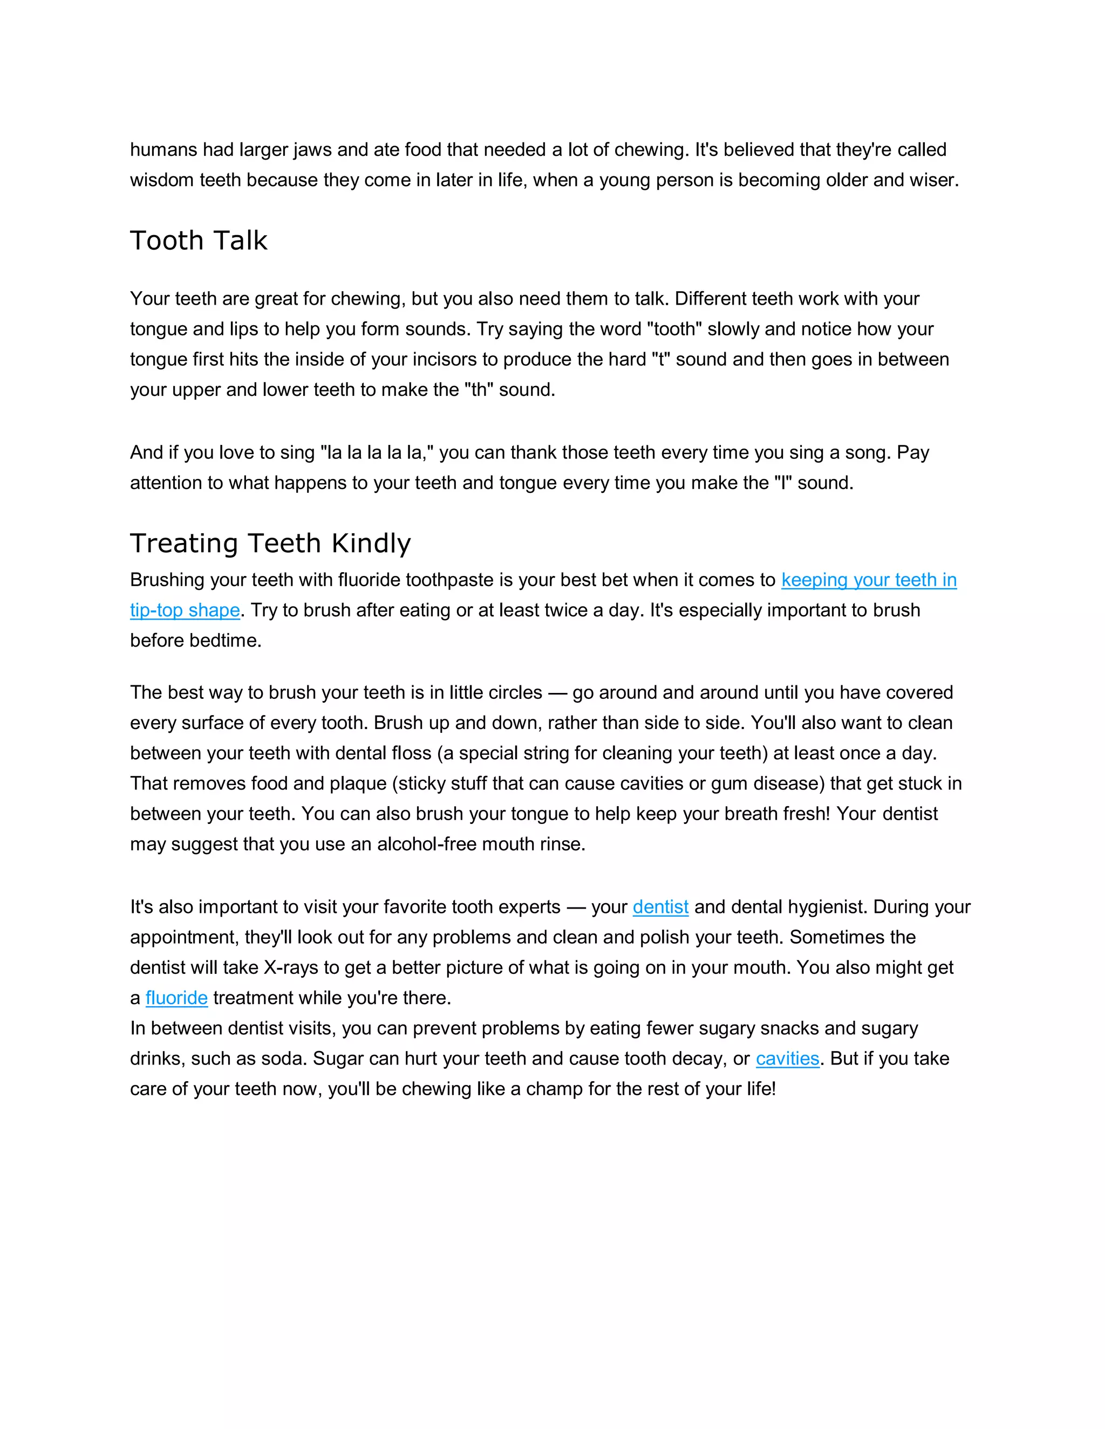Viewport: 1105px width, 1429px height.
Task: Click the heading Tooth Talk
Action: [199, 241]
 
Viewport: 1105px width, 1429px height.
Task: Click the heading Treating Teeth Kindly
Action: [270, 543]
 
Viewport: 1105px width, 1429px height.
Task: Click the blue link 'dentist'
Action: [660, 907]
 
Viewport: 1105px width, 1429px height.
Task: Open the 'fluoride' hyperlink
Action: [176, 998]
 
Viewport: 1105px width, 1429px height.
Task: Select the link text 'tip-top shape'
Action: [185, 610]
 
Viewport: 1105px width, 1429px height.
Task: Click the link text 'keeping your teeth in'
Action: [869, 580]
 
